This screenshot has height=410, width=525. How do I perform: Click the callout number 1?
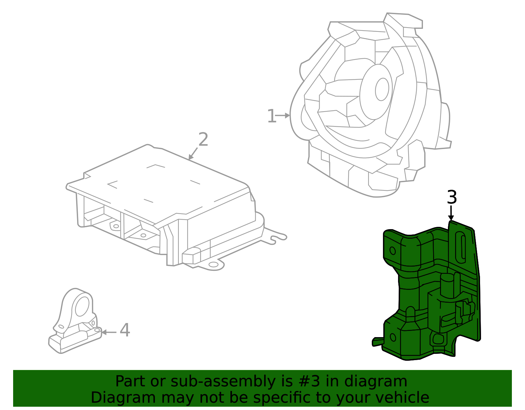tap(272, 116)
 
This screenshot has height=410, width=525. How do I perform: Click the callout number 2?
tap(203, 140)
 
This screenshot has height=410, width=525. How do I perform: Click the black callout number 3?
tap(452, 198)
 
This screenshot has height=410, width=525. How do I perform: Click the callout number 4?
tap(125, 330)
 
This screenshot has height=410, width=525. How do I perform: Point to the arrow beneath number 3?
tap(451, 213)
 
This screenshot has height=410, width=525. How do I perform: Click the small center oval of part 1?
tap(382, 89)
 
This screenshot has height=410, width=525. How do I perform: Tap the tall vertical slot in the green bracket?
tap(461, 248)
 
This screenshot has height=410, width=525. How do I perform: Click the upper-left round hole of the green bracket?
tap(392, 250)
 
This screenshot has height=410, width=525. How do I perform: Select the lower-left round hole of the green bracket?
tap(392, 337)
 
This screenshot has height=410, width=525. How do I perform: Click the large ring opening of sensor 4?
tap(82, 307)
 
